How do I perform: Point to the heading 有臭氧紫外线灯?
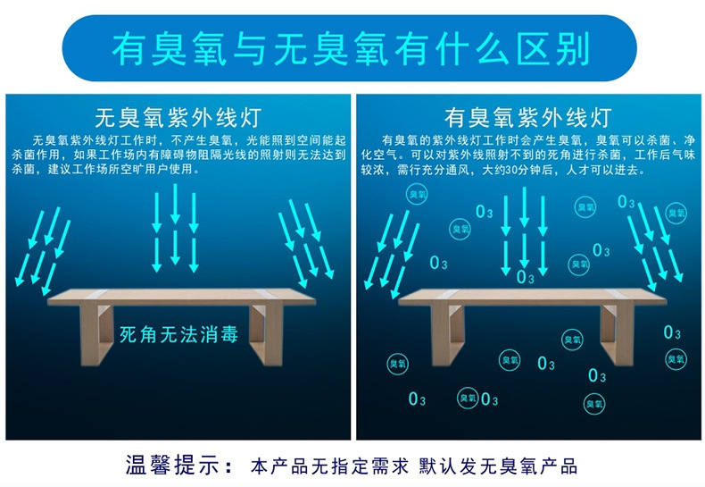pyautogui.click(x=528, y=118)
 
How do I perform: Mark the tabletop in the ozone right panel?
pyautogui.click(x=531, y=296)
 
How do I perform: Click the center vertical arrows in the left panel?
pyautogui.click(x=175, y=228)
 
